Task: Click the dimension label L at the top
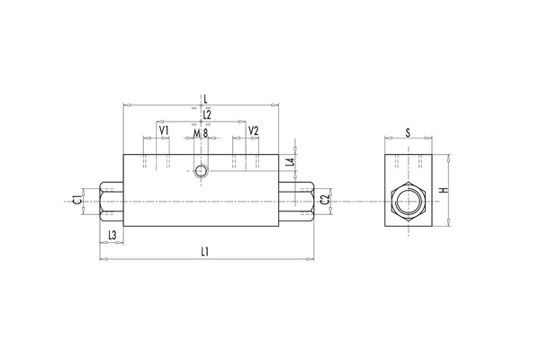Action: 206,97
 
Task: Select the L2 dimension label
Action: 206,114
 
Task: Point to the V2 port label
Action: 253,131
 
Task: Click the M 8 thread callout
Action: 201,133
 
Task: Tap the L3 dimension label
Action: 111,235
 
